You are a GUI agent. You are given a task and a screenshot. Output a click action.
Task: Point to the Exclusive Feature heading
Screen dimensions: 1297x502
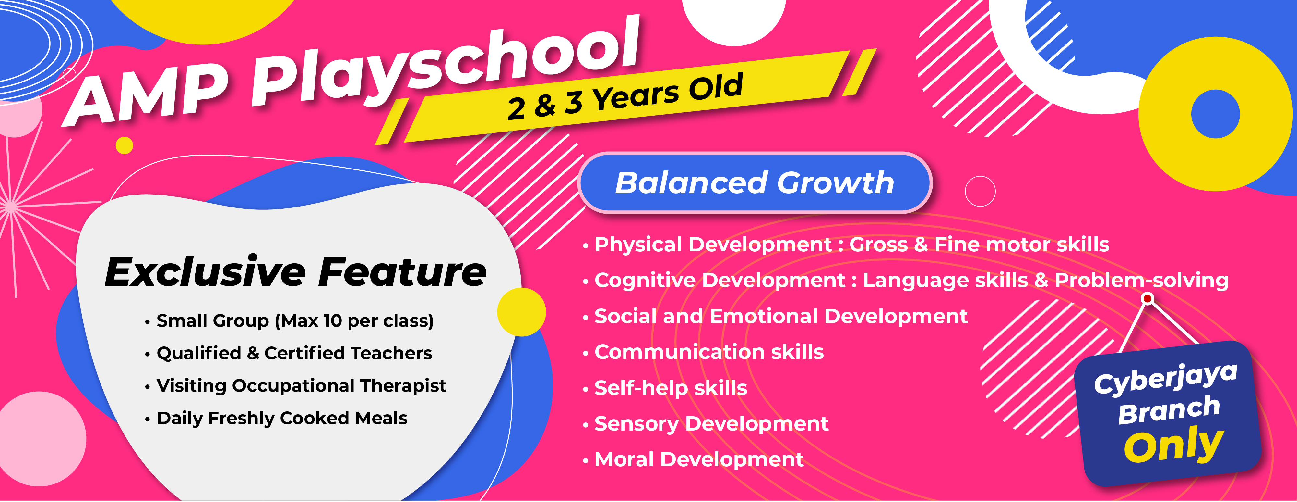pos(295,272)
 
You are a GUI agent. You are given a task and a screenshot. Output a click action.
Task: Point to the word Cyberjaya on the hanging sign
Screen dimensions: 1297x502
pos(1165,378)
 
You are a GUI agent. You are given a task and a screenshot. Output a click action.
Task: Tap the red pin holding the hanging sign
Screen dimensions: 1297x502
pos(1148,299)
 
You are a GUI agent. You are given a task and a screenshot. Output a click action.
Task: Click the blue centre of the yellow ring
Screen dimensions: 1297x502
pos(1215,114)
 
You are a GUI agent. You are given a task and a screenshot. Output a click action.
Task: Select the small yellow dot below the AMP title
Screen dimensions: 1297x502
pos(125,145)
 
